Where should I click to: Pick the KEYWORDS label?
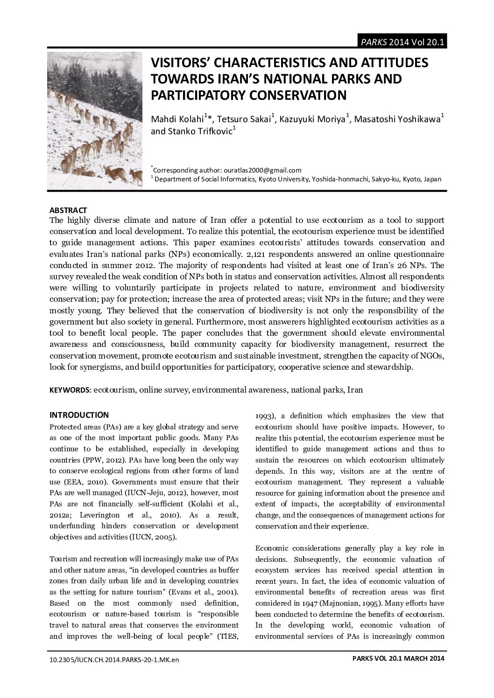pos(70,390)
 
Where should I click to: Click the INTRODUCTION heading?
pos(79,415)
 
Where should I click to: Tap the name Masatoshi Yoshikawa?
pos(397,119)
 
